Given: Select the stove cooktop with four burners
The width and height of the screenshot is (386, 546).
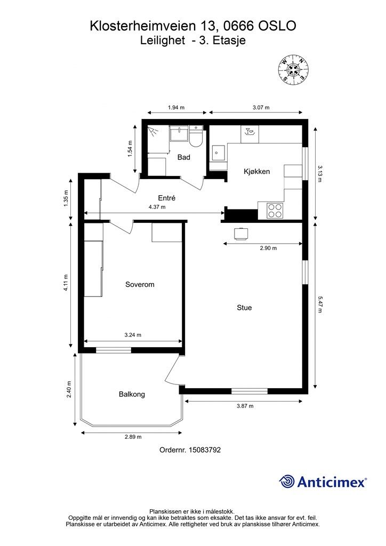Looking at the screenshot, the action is point(275,210).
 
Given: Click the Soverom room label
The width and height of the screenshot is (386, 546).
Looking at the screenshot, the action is point(140,285).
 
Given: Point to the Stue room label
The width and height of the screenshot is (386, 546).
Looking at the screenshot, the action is point(244,308).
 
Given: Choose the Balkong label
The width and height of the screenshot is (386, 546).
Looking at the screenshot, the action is point(132,394).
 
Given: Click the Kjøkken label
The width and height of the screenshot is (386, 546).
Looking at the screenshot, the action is point(256,171).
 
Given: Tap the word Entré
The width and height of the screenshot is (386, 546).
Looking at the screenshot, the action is point(167,198).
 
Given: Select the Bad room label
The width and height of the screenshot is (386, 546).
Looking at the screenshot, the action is point(184,157).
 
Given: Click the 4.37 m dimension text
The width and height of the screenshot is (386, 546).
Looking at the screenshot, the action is point(157,207).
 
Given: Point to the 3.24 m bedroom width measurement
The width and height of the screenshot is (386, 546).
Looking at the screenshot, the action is point(133,335).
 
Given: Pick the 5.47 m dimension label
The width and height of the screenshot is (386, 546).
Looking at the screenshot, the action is point(319,304).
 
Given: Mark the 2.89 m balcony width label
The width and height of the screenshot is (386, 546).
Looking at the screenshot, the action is point(133,437).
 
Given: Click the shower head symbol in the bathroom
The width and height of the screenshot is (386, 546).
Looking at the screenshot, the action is point(152,131).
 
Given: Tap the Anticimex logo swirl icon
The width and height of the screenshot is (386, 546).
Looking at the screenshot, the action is point(286,482).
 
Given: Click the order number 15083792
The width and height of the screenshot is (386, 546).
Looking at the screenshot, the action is point(205,450).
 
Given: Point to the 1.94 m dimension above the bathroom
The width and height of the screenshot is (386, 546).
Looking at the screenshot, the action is point(176,108).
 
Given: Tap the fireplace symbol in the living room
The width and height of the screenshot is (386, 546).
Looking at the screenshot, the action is point(240,234).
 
